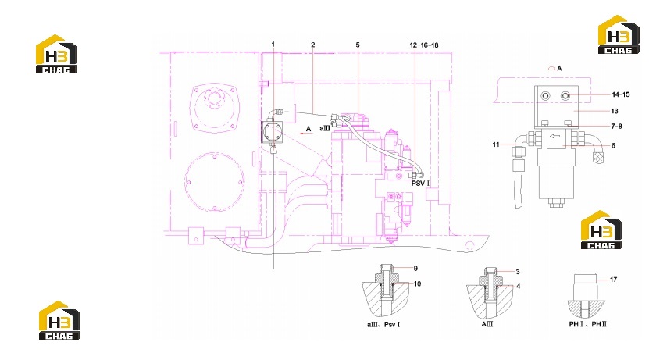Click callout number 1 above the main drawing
tap(273, 45)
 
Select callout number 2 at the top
tap(313, 45)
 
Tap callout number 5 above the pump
tap(358, 45)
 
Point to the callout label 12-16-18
tap(424, 45)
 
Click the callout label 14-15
tap(621, 94)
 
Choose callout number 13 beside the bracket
tap(615, 111)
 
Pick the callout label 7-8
tap(616, 127)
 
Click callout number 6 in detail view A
tap(613, 145)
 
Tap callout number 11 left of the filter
tap(496, 144)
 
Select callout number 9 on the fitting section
tap(415, 269)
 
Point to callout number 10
tap(417, 284)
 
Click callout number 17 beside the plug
tap(613, 280)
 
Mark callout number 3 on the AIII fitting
tap(518, 272)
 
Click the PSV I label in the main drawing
tap(420, 183)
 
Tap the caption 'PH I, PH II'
tap(588, 324)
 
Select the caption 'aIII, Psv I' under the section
tap(383, 324)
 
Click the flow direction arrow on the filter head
tap(555, 136)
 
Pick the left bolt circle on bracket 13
tap(546, 96)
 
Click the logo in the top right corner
tap(619, 35)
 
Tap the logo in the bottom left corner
tap(59, 320)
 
